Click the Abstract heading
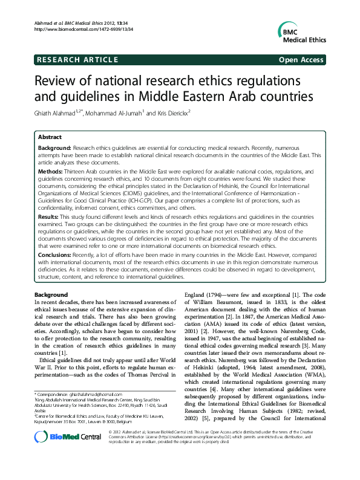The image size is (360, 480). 50,137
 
